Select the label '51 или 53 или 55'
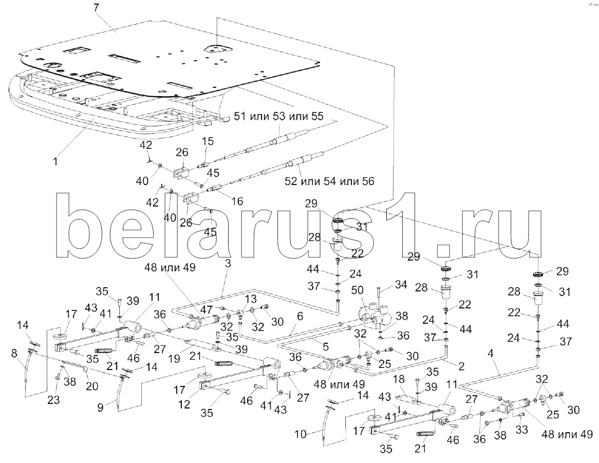279,117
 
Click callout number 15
208,141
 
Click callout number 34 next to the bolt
401,284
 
